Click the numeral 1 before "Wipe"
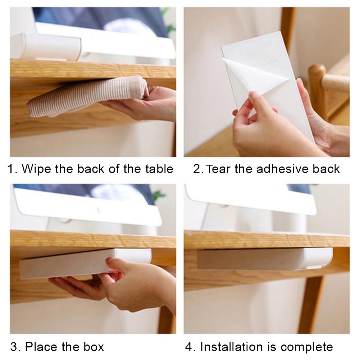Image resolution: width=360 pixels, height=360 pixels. click(x=12, y=169)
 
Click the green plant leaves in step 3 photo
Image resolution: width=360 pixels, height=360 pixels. click(x=158, y=196)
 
